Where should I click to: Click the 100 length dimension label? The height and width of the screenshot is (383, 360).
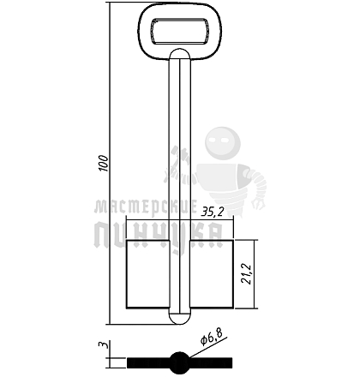coord(104,163)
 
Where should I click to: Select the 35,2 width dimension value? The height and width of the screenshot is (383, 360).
coord(212,212)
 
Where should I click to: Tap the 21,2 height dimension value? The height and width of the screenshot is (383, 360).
coord(246,273)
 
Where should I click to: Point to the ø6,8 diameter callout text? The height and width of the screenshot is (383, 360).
coord(212,336)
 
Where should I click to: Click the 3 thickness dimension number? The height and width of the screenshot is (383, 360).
coord(103,344)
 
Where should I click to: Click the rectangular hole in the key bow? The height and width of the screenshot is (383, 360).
coord(180,31)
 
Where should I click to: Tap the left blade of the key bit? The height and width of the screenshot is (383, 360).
coord(148,274)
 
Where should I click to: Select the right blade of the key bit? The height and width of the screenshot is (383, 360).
coord(212,274)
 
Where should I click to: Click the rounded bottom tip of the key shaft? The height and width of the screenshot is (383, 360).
coord(180,318)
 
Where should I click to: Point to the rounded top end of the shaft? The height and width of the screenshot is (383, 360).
coord(180,54)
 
